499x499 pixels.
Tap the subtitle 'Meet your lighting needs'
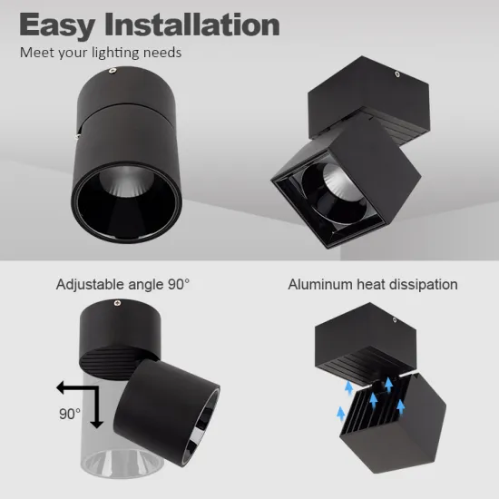click(x=101, y=52)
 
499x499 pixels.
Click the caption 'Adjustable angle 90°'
click(x=123, y=284)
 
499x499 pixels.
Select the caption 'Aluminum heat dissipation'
click(x=373, y=284)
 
